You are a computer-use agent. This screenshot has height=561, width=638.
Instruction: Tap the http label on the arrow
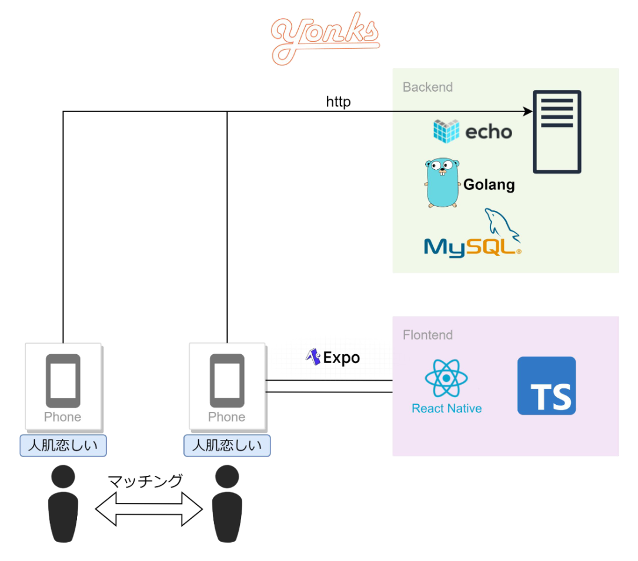coord(338,102)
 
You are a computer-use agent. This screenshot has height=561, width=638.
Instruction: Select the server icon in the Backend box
coord(556,132)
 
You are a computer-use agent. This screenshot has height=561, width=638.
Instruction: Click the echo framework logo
coord(473,131)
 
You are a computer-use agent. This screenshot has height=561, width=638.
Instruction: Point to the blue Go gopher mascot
coord(442,183)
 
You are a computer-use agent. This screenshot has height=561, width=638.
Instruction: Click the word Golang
coord(489,184)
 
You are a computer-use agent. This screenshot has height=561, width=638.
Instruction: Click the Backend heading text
coord(427,87)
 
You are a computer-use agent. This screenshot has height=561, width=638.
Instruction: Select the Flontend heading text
coord(427,335)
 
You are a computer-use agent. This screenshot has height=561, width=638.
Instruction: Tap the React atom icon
coord(446,378)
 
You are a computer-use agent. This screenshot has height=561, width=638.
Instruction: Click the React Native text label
coord(446,408)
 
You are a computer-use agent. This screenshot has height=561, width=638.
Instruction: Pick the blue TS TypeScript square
coord(546,385)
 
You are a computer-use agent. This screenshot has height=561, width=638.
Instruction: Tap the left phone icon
coord(63,380)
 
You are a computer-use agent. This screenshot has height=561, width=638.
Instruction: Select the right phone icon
coord(227,380)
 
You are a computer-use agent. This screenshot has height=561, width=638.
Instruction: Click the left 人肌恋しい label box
coord(63,445)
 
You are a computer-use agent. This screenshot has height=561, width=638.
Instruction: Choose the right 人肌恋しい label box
coord(227,445)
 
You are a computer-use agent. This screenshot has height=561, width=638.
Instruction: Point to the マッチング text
coord(145,481)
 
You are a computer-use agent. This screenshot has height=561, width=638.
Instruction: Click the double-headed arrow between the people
coord(149,509)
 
